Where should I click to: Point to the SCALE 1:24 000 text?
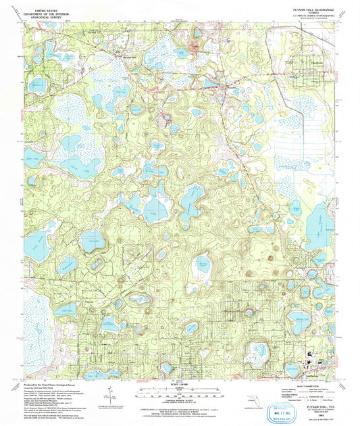click(x=180, y=383)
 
